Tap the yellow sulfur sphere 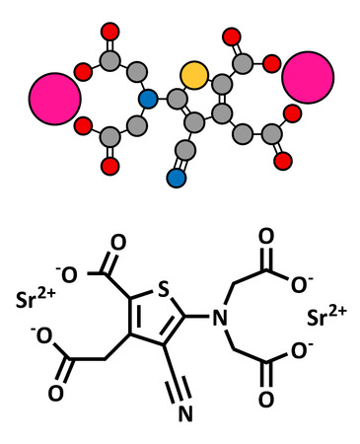(x=194, y=74)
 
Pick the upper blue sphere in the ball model (x=148, y=99)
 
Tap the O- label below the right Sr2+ (x=298, y=349)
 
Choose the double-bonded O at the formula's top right (x=265, y=237)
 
